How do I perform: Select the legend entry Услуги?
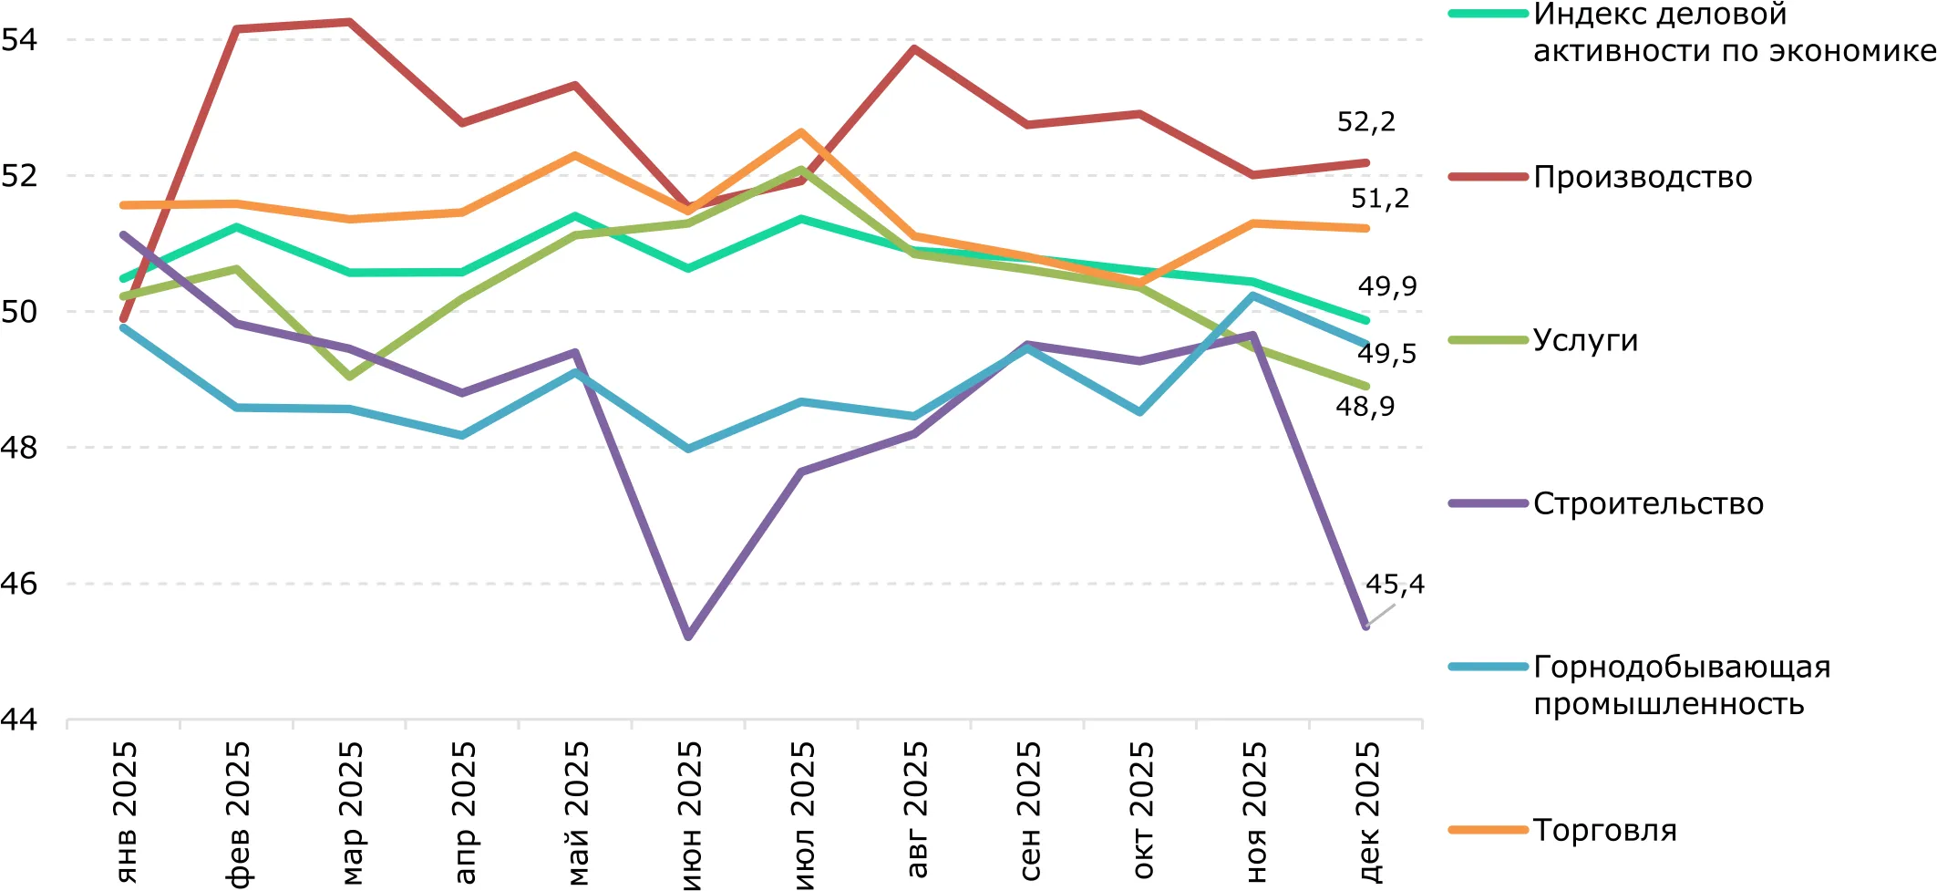pyautogui.click(x=1585, y=340)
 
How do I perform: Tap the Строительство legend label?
pyautogui.click(x=1647, y=503)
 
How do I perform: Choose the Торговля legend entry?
pyautogui.click(x=1604, y=830)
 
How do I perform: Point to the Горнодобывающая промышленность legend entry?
pyautogui.click(x=1681, y=685)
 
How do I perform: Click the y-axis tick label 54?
pyautogui.click(x=19, y=39)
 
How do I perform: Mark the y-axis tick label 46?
pyautogui.click(x=19, y=584)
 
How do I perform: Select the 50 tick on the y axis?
pyautogui.click(x=19, y=312)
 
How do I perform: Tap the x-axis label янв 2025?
pyautogui.click(x=126, y=811)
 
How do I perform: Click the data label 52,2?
pyautogui.click(x=1365, y=122)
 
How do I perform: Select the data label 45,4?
pyautogui.click(x=1394, y=585)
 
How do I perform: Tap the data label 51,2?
pyautogui.click(x=1379, y=199)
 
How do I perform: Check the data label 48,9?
pyautogui.click(x=1365, y=407)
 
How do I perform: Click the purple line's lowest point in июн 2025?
pyautogui.click(x=688, y=637)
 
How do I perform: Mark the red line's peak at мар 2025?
pyautogui.click(x=350, y=22)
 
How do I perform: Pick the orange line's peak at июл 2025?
pyautogui.click(x=801, y=132)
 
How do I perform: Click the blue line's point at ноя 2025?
pyautogui.click(x=1254, y=295)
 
